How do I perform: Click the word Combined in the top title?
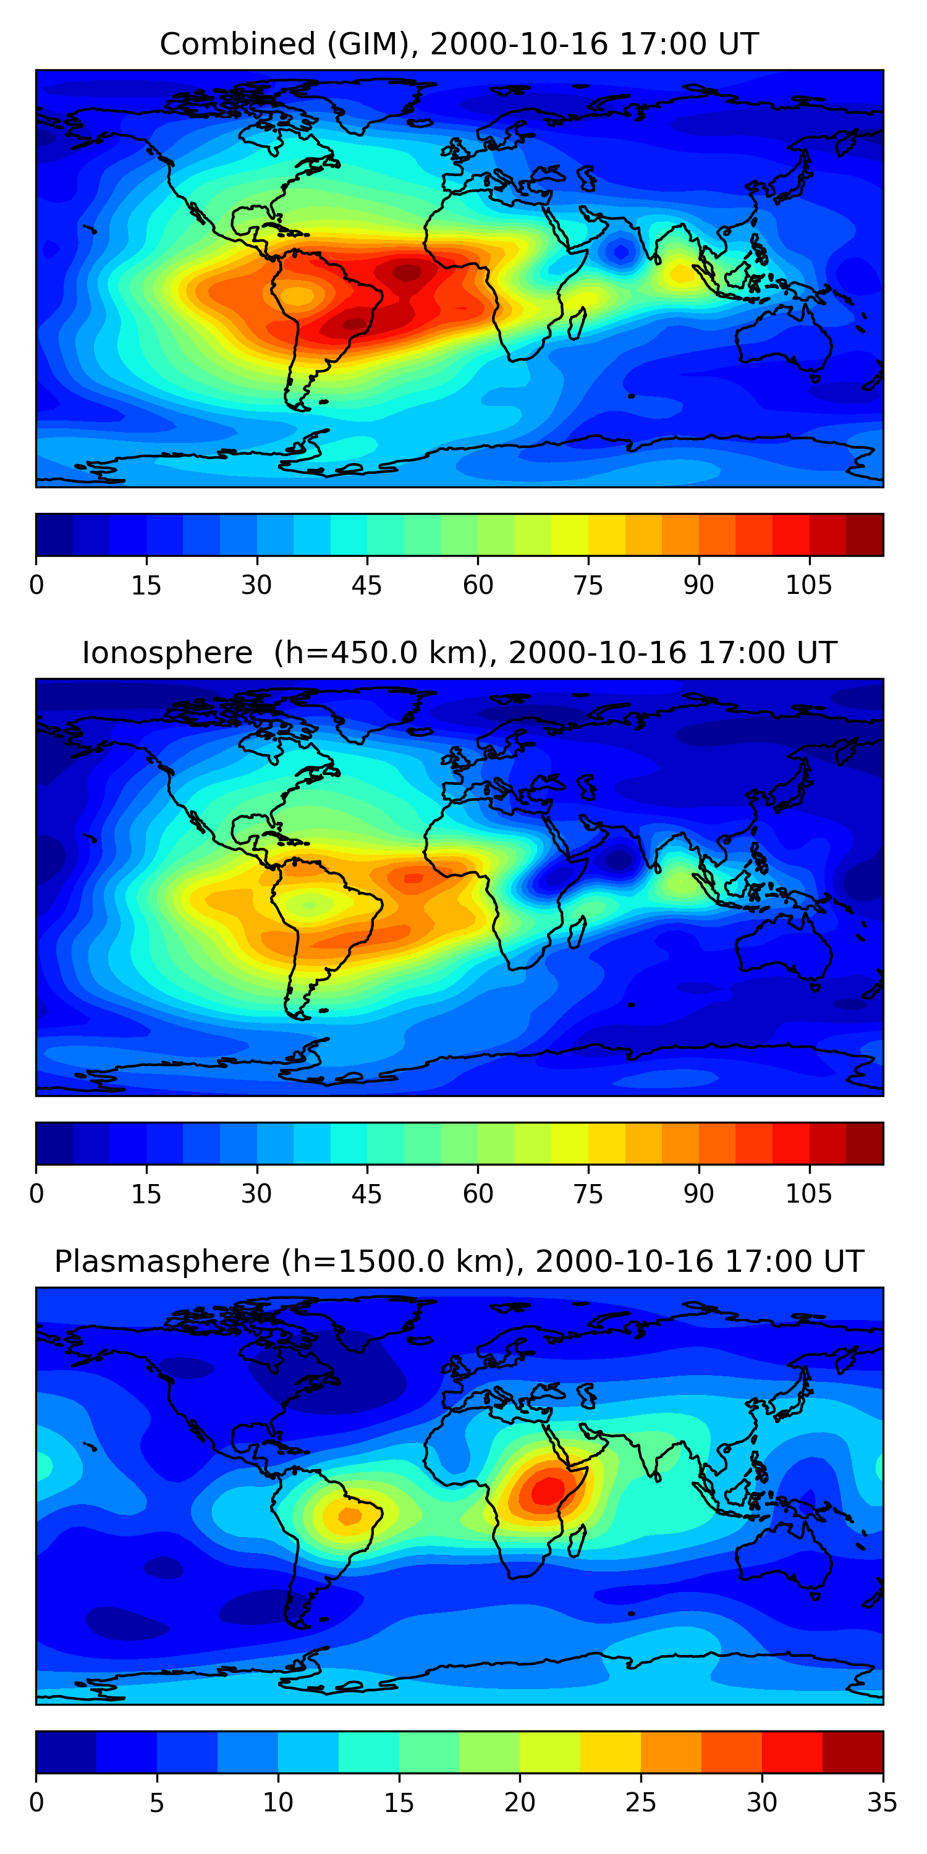[237, 44]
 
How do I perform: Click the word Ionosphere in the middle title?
[167, 653]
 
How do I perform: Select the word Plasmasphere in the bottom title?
[162, 1262]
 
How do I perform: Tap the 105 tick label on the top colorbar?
[808, 585]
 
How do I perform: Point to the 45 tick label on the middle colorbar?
[366, 1194]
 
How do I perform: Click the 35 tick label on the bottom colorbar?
[883, 1803]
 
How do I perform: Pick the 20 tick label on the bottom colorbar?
[519, 1803]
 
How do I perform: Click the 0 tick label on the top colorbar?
[36, 585]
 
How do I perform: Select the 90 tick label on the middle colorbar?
[698, 1194]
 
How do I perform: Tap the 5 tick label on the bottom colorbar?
[157, 1803]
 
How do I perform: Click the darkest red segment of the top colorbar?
[865, 535]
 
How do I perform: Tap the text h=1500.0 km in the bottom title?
[397, 1262]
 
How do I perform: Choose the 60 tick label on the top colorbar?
[478, 585]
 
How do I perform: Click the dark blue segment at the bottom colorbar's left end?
[66, 1752]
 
